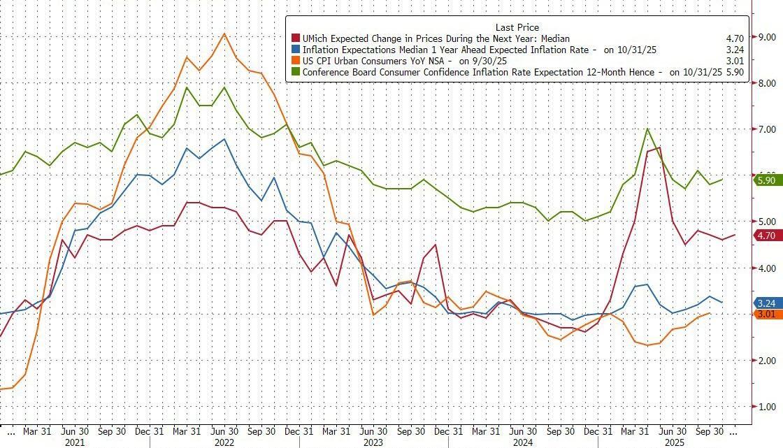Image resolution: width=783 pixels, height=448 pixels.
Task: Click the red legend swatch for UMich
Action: [x=296, y=38]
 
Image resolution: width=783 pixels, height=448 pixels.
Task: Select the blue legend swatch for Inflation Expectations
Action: [x=296, y=50]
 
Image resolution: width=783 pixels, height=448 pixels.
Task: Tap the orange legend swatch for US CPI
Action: [x=296, y=61]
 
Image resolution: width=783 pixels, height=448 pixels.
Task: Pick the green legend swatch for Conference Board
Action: [x=296, y=72]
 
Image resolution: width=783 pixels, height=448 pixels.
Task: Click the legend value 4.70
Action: [x=735, y=38]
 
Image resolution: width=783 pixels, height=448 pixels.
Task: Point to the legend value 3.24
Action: [x=735, y=50]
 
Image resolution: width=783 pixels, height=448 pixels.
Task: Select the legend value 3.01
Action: [x=735, y=61]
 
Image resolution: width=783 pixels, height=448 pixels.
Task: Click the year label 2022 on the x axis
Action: [x=224, y=442]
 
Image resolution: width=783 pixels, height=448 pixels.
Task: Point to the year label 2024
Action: [x=523, y=442]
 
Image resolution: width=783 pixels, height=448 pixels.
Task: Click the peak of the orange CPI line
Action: [x=224, y=33]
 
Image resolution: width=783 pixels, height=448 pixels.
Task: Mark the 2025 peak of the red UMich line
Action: [x=659, y=147]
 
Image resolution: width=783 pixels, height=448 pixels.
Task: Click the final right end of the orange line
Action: [x=710, y=313]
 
